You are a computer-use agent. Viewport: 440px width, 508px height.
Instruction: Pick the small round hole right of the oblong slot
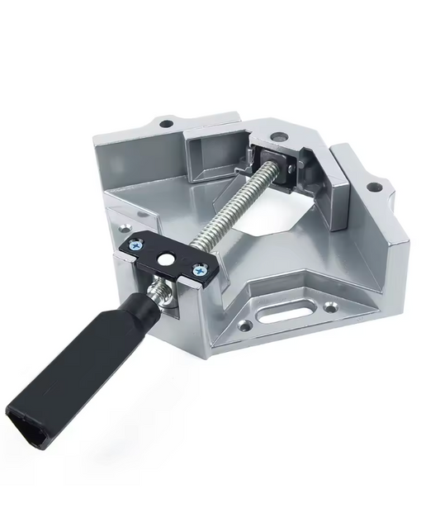coord(332,307)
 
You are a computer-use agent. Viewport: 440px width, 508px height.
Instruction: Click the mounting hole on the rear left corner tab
coord(168,124)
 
